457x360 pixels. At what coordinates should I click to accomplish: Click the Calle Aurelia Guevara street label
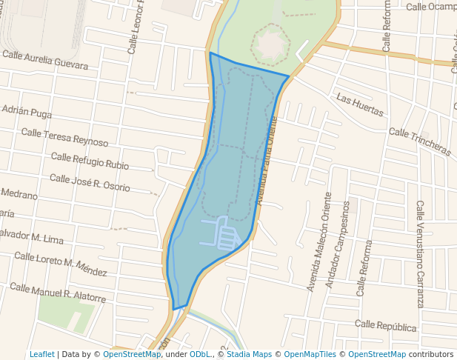tap(45, 60)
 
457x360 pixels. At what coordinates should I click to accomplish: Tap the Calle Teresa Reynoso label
tap(64, 137)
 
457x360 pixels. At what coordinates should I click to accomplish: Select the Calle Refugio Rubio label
tap(89, 161)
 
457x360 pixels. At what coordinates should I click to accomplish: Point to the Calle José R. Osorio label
tap(89, 183)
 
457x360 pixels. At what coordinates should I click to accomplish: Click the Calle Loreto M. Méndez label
tap(61, 261)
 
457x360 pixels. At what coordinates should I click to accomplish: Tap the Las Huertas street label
tap(360, 105)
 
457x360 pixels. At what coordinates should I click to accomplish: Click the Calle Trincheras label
tap(419, 141)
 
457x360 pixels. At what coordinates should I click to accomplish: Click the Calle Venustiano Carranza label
tap(420, 254)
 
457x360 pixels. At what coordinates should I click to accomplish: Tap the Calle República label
tap(385, 326)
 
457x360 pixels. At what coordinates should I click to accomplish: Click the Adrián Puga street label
tap(27, 111)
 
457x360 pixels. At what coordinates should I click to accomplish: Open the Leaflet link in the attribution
tap(42, 354)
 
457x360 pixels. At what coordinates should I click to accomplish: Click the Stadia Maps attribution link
tap(249, 354)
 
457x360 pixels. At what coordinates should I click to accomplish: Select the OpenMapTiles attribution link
tap(309, 354)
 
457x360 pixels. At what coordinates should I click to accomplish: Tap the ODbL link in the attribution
tap(199, 354)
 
